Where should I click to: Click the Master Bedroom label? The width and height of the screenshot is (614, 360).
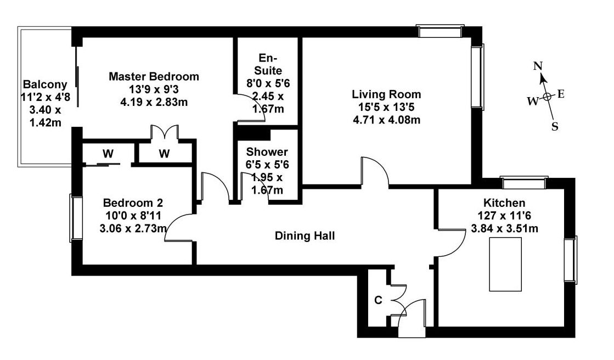point(154,76)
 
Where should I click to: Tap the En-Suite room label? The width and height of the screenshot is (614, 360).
point(268,64)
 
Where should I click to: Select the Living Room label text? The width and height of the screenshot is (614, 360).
point(386,94)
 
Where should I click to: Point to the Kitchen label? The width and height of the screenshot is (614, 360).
point(504,203)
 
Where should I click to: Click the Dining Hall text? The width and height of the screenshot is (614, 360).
point(305,236)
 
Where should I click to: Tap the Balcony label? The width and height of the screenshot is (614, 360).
point(45,85)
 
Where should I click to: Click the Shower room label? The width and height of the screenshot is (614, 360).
point(267,151)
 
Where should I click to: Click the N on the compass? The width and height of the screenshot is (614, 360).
point(538,66)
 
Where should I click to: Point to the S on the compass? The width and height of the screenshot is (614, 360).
point(555,127)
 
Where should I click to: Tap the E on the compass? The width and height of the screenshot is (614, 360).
point(561,94)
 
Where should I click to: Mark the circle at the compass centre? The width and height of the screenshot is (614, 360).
point(547,97)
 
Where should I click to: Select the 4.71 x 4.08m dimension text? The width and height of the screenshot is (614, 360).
point(386,120)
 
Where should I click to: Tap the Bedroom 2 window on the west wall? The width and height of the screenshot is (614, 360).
point(76,218)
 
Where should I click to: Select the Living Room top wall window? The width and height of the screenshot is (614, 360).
point(440,31)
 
